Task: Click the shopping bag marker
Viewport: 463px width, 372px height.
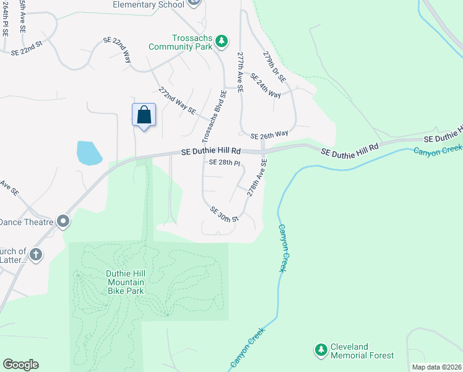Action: point(144,115)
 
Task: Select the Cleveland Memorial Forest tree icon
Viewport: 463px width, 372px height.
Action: point(321,351)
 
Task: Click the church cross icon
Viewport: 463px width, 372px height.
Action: point(36,254)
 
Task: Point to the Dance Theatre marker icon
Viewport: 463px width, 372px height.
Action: point(63,221)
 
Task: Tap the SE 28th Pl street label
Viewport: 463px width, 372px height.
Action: point(224,162)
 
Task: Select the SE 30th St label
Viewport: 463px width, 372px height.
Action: point(224,215)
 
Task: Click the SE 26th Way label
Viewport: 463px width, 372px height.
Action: point(269,135)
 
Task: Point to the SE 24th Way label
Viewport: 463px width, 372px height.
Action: point(266,85)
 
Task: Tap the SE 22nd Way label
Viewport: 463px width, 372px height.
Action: point(118,49)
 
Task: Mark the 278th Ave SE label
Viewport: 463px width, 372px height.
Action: point(257,178)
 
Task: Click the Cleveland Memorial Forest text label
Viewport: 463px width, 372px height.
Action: point(362,351)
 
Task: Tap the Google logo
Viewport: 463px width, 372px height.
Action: point(21,365)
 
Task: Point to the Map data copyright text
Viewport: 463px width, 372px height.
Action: point(436,367)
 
